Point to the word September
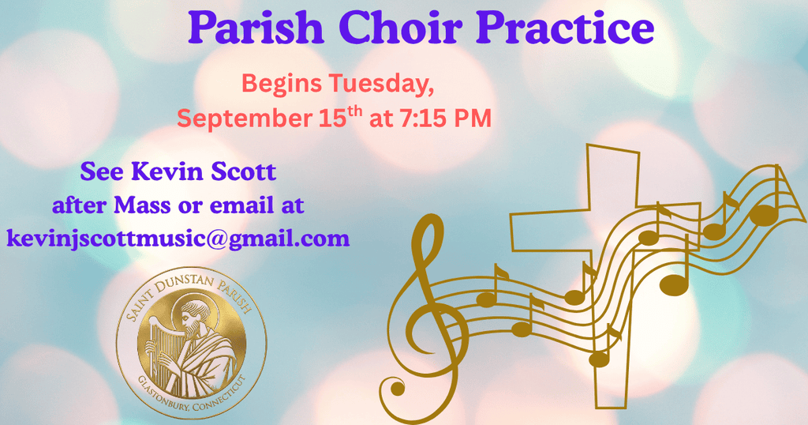[x=245, y=119]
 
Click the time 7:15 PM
[x=443, y=118]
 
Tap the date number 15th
[x=341, y=117]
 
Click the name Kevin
[x=154, y=171]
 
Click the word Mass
[x=142, y=205]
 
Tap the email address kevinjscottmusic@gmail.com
[x=178, y=239]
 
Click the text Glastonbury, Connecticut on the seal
[x=192, y=395]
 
